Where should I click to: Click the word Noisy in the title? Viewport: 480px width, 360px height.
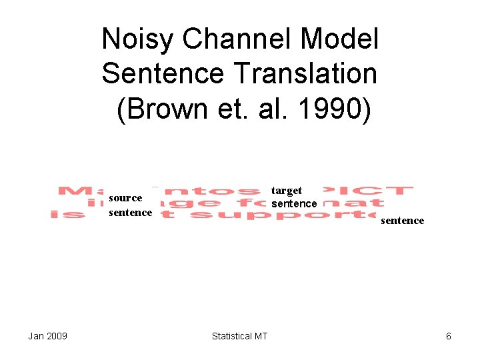coord(137,40)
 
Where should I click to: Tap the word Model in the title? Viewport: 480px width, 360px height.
coord(339,40)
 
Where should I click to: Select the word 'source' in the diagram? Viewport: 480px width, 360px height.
coord(125,198)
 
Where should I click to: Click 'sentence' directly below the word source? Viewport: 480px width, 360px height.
coord(130,212)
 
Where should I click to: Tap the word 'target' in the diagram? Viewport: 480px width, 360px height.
coord(287,191)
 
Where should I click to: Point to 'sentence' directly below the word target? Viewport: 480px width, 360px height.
coord(294,203)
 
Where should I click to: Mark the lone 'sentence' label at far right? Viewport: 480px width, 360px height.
coord(402,221)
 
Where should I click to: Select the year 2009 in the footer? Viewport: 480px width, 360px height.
coord(57,336)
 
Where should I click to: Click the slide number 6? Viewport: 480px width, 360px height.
coord(449,336)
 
